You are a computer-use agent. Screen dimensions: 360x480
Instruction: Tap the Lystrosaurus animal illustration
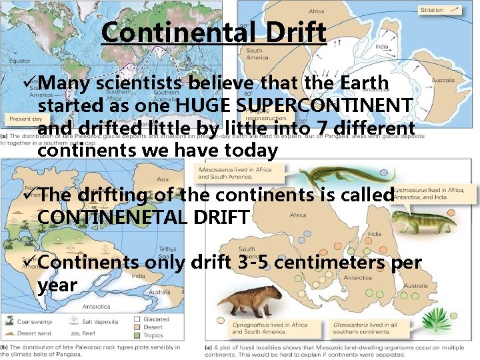pyautogui.click(x=409, y=219)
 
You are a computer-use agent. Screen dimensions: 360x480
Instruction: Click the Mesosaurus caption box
pyautogui.click(x=226, y=173)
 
